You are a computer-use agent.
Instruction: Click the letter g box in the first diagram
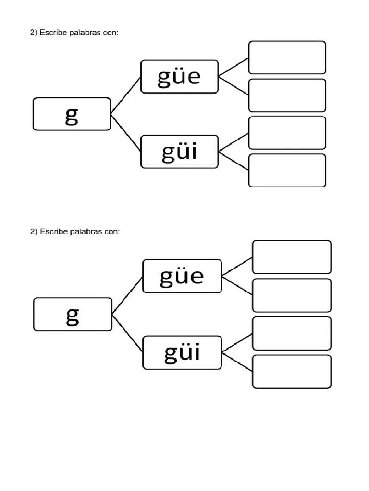[x=72, y=114]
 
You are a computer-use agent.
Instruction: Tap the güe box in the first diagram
[x=179, y=76]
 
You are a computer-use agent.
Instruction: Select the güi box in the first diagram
[x=179, y=152]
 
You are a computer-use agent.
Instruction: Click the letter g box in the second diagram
[x=73, y=315]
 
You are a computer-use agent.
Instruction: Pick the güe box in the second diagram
[x=182, y=276]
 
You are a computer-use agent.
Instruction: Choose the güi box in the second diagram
[x=182, y=352]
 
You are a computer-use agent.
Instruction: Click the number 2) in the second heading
[x=33, y=232]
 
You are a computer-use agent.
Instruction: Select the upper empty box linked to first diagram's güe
[x=287, y=58]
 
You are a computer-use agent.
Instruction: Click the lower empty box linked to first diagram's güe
[x=287, y=95]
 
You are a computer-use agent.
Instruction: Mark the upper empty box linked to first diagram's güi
[x=287, y=133]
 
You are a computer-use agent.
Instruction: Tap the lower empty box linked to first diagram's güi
[x=287, y=170]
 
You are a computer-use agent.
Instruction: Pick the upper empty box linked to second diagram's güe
[x=291, y=257]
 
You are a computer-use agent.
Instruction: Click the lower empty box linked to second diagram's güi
[x=291, y=372]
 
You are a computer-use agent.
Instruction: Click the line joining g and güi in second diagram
[x=128, y=334]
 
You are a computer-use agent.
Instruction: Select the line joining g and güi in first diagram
[x=126, y=133]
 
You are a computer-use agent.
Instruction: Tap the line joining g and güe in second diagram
[x=128, y=295]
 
